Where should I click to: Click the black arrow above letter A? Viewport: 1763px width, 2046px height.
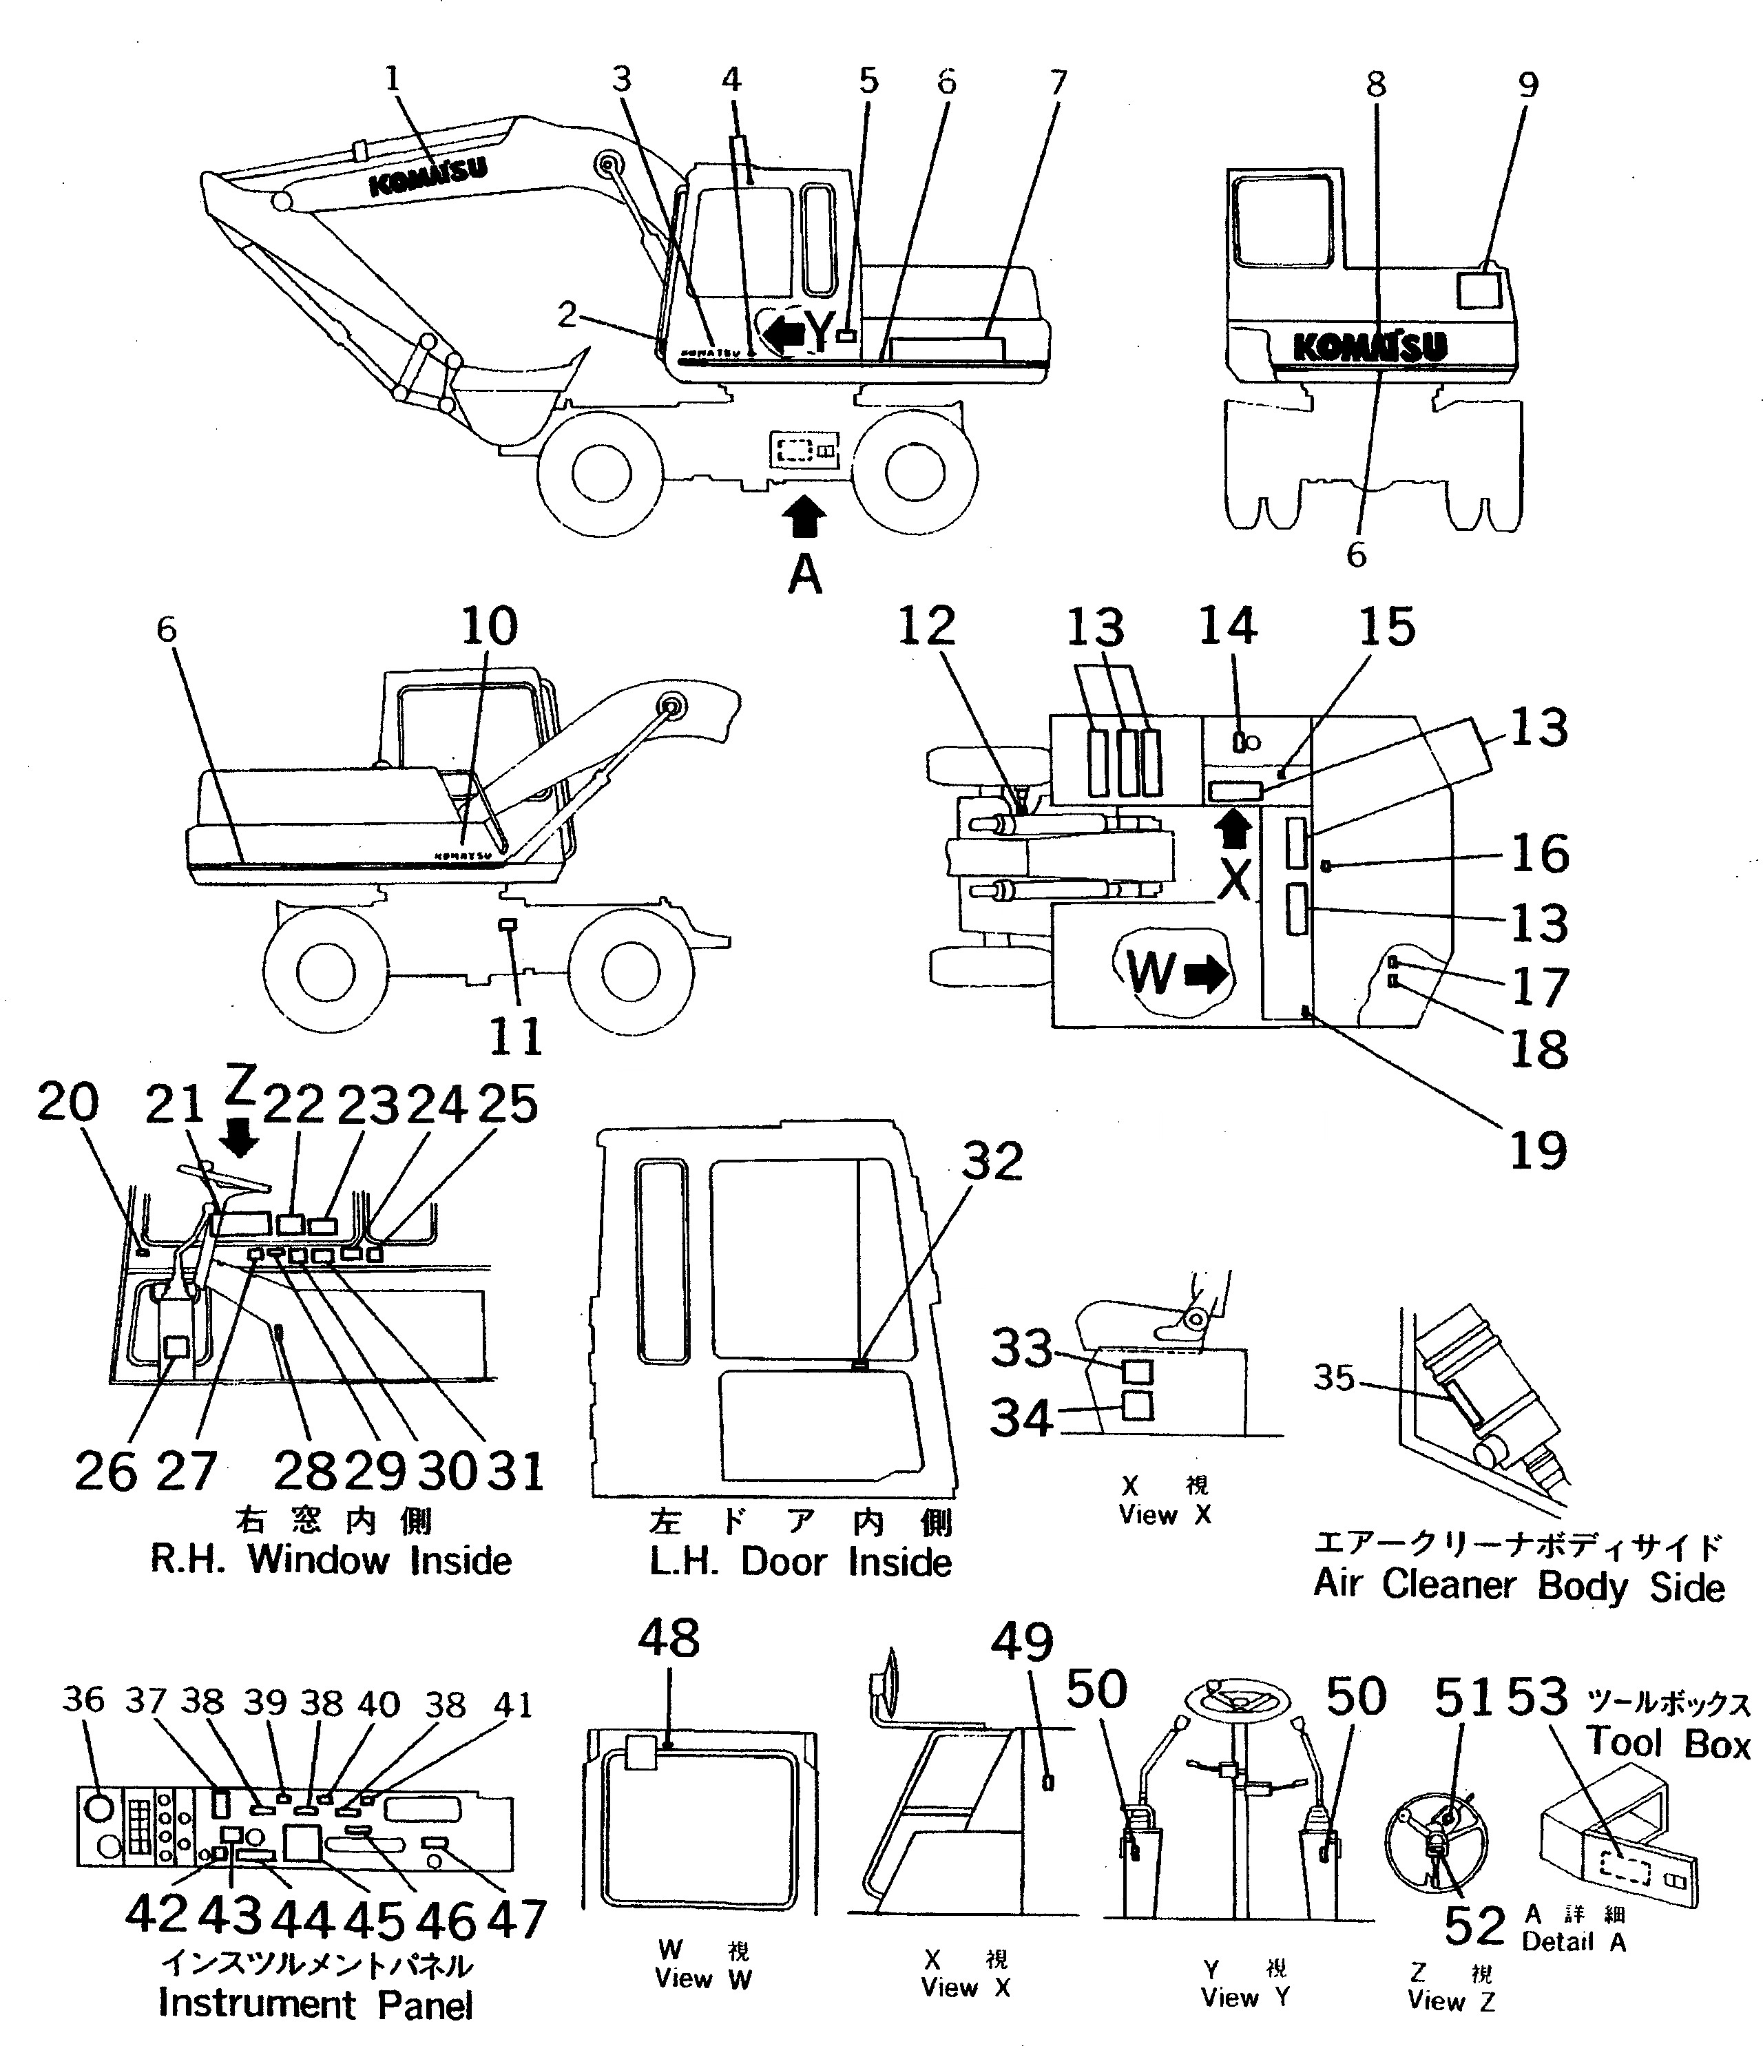click(x=805, y=515)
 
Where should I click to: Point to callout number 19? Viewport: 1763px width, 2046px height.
click(x=1538, y=1149)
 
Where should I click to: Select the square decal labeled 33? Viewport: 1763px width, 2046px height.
click(x=1138, y=1370)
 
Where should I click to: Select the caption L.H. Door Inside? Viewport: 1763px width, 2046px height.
click(x=800, y=1562)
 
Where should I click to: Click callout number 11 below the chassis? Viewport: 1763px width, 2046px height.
click(x=516, y=1036)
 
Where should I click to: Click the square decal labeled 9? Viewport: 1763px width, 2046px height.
click(x=1479, y=291)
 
